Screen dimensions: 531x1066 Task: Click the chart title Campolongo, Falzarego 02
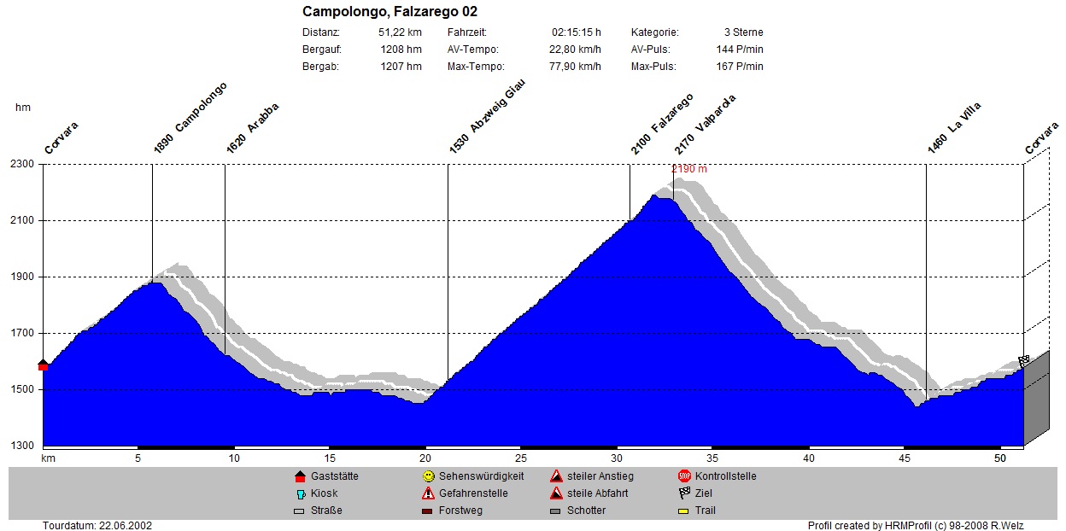(389, 12)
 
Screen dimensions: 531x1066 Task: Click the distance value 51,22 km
(400, 32)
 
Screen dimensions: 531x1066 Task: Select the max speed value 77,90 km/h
(575, 67)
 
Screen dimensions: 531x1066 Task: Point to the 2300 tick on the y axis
(22, 164)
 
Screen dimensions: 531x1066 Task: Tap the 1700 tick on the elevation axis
(22, 333)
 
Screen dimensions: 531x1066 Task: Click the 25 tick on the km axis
(520, 458)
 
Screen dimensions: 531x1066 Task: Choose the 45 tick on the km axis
(904, 458)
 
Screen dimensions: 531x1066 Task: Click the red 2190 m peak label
(689, 169)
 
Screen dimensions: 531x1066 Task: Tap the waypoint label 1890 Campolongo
(190, 118)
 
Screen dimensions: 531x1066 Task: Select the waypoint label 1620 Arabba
(253, 129)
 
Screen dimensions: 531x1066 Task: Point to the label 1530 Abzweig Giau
(487, 117)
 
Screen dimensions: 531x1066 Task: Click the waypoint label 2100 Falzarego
(662, 124)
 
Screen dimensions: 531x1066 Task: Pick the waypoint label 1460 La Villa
(955, 129)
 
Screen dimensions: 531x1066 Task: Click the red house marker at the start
(44, 365)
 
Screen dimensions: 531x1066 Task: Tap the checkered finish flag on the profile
(1023, 361)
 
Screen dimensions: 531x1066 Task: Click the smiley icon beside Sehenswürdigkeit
(428, 476)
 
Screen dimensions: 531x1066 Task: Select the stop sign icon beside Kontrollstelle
(684, 476)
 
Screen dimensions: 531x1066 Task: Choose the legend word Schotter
(586, 511)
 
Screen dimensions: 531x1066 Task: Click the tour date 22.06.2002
(126, 526)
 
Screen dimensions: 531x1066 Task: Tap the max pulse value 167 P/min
(740, 67)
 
